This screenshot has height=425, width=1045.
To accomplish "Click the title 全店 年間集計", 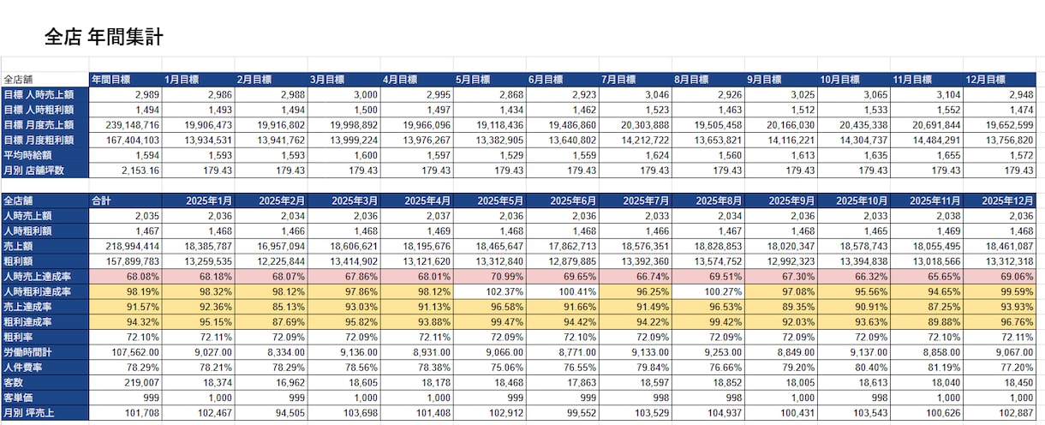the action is click(104, 37).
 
